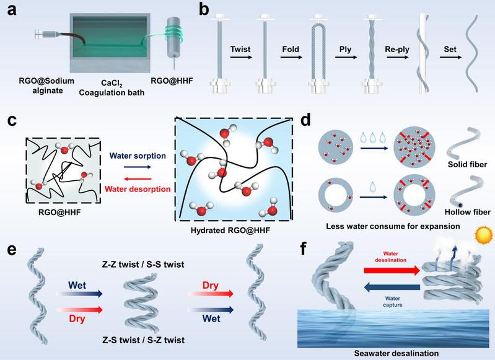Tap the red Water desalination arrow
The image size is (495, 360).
pos(392,271)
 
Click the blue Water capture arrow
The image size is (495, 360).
pos(392,288)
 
